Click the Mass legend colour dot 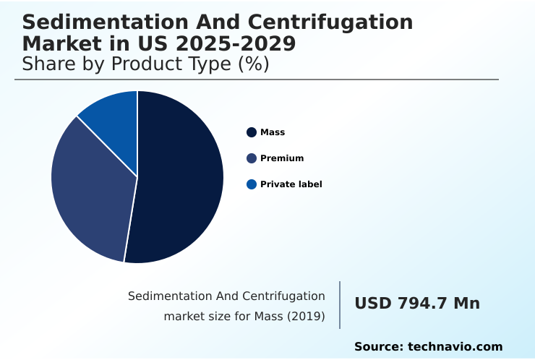(252, 132)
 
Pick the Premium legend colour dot (252, 158)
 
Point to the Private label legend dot (252, 184)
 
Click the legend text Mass (273, 132)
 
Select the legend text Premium (282, 158)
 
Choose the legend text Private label (291, 184)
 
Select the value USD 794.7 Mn (417, 304)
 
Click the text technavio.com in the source (455, 347)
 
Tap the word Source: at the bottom (378, 347)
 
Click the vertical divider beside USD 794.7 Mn (340, 304)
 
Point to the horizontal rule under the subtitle (257, 80)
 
